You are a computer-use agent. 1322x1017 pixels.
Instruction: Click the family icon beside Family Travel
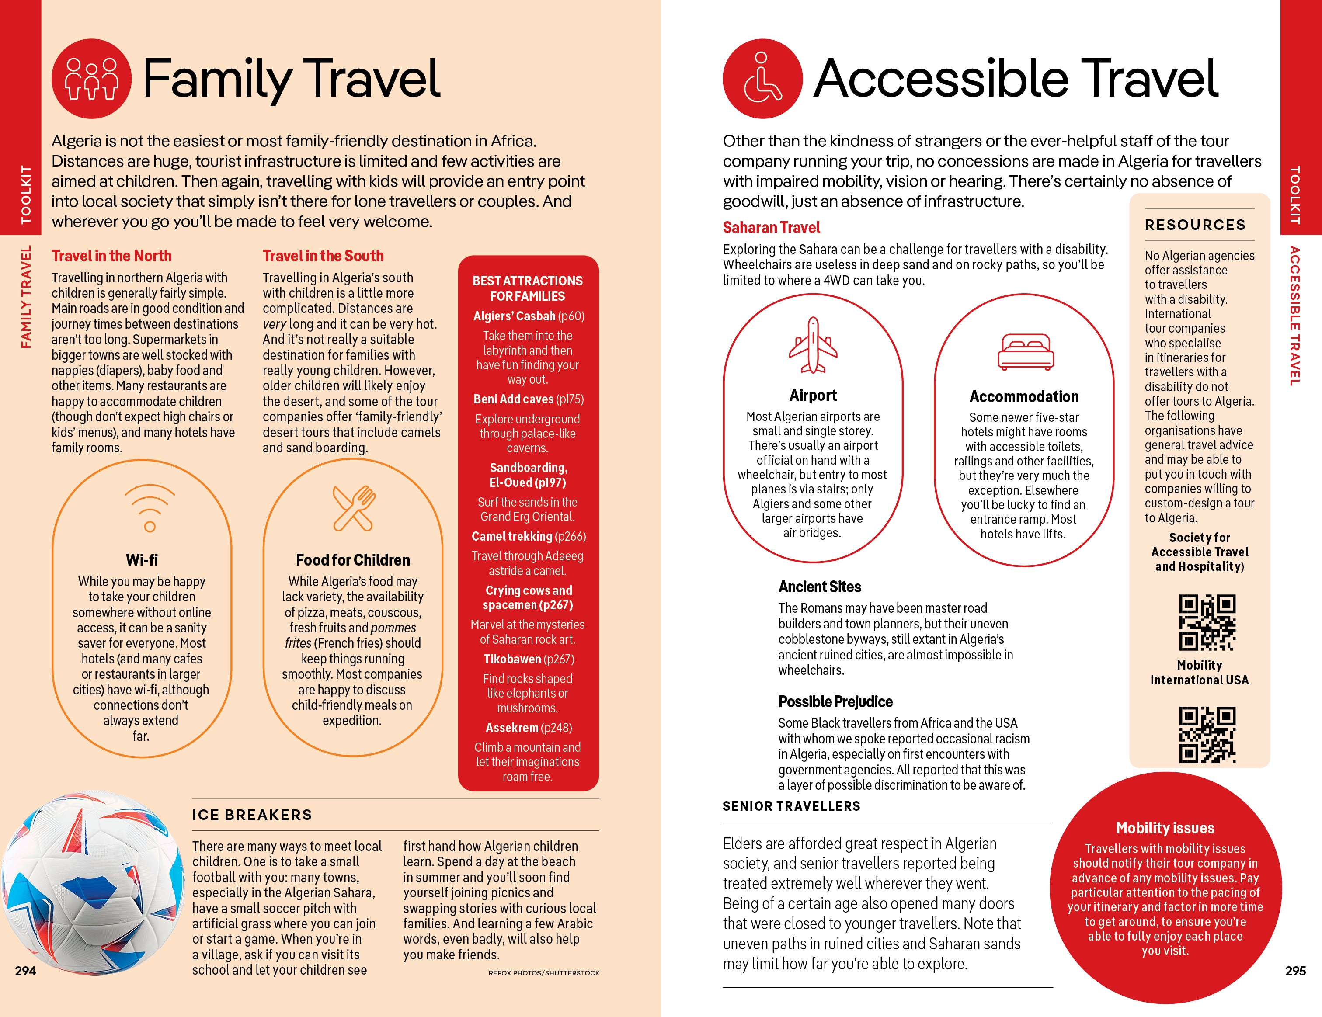tap(91, 79)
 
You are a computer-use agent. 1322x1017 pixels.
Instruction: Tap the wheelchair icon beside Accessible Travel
tap(763, 79)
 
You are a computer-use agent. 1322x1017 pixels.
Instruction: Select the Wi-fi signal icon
tap(150, 507)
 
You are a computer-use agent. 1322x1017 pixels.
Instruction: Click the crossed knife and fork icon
tap(354, 508)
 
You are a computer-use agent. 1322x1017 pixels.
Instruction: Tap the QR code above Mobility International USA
tap(1207, 622)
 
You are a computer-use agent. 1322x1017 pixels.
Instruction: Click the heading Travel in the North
tap(111, 256)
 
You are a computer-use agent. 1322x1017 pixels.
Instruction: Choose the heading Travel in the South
tap(323, 256)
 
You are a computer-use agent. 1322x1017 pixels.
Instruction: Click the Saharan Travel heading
tap(771, 227)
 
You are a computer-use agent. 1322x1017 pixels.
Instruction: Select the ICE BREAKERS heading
tap(252, 815)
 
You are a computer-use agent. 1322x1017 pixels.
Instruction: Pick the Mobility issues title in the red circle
tap(1165, 828)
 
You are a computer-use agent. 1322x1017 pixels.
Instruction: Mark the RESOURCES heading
tap(1195, 225)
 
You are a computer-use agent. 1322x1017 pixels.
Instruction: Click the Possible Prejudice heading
tap(835, 702)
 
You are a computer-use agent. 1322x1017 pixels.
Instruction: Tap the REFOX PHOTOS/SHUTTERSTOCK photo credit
tap(543, 973)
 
